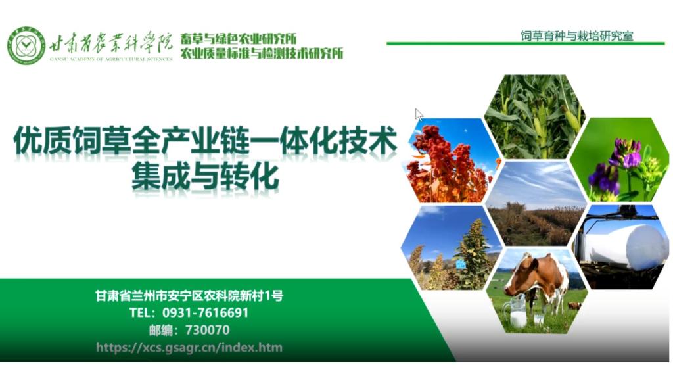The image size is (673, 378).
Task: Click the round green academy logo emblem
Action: pyautogui.click(x=26, y=46)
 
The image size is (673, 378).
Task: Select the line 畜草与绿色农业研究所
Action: pyautogui.click(x=239, y=38)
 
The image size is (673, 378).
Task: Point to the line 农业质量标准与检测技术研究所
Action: pyautogui.click(x=262, y=53)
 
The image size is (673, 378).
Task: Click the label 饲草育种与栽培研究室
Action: pyautogui.click(x=576, y=36)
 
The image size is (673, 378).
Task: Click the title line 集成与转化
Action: pyautogui.click(x=206, y=177)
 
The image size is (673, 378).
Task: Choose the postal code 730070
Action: pyautogui.click(x=208, y=330)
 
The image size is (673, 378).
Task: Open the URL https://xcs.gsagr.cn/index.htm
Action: pyautogui.click(x=189, y=347)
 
